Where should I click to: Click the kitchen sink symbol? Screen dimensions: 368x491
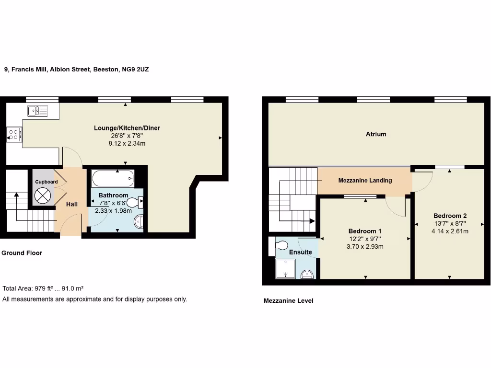[37, 111]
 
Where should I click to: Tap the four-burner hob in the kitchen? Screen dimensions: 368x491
[13, 135]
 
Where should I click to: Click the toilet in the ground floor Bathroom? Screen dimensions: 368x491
[135, 203]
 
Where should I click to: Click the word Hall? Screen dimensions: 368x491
[72, 204]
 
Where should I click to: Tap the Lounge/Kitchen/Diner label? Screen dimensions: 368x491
[127, 128]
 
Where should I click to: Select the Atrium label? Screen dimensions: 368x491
[376, 134]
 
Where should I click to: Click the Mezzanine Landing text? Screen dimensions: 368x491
[365, 181]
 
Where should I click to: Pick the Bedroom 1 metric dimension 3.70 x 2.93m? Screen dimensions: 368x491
[365, 247]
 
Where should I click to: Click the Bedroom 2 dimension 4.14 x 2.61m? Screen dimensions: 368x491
[450, 231]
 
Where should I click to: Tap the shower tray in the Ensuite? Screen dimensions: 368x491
[286, 269]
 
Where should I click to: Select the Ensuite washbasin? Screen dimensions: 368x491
[307, 274]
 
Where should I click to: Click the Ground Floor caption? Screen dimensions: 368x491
[22, 253]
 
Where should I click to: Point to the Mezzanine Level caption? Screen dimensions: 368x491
[289, 301]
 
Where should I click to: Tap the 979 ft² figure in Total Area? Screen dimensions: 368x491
[46, 288]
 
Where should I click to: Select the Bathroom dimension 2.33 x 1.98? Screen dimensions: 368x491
[113, 210]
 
